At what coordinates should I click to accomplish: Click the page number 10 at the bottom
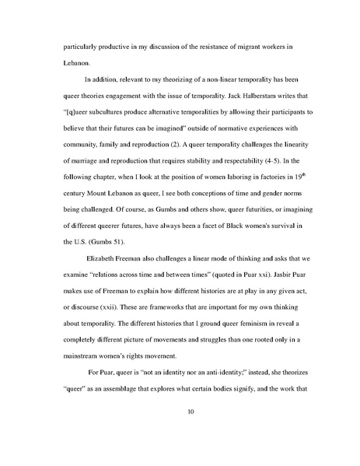point(180,423)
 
